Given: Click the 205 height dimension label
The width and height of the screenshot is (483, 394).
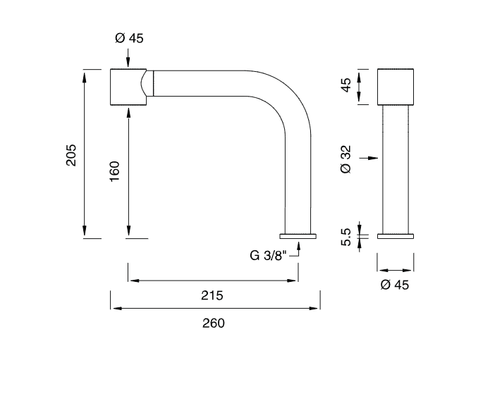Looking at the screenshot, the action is click(71, 155).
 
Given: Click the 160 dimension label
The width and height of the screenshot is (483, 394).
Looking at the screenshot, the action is click(114, 171).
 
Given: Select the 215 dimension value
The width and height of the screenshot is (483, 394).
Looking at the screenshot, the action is click(212, 295).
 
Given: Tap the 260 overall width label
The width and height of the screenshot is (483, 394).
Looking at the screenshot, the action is click(214, 324).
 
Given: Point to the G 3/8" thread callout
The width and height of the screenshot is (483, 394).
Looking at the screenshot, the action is click(268, 255).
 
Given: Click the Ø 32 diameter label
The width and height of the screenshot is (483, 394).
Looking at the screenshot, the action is click(346, 159).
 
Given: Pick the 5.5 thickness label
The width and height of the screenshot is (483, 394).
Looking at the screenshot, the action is click(346, 237).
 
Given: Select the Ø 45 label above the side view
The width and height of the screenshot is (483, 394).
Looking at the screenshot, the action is click(129, 38).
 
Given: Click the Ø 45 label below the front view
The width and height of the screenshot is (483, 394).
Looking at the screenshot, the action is click(395, 285).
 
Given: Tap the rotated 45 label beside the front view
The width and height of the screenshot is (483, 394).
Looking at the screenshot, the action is click(346, 85).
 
